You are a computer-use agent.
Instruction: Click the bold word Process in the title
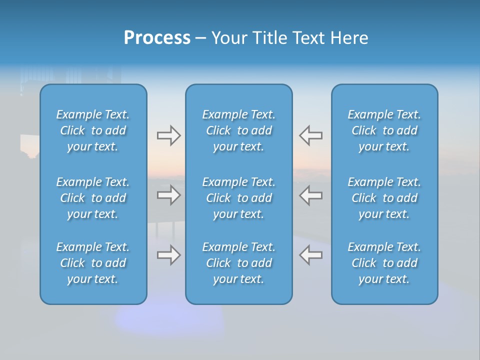(157, 38)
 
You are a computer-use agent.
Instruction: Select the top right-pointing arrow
(168, 135)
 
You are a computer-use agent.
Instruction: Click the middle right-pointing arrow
(168, 195)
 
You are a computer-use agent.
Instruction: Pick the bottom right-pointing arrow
(168, 255)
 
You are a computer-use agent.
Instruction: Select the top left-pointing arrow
(310, 135)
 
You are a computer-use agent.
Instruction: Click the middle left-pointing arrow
(310, 195)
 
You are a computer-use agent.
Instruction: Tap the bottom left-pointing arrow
(310, 255)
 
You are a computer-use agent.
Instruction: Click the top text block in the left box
(93, 130)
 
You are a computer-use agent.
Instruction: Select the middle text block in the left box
(93, 198)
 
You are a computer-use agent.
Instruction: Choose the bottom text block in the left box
(93, 263)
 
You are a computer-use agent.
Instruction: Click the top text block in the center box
(238, 130)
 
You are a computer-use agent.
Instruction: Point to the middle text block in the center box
(238, 198)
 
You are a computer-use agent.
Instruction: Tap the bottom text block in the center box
(238, 263)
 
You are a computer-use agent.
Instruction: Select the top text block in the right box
(384, 130)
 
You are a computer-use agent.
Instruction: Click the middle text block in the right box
(384, 198)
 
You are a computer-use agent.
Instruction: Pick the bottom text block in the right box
(384, 263)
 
